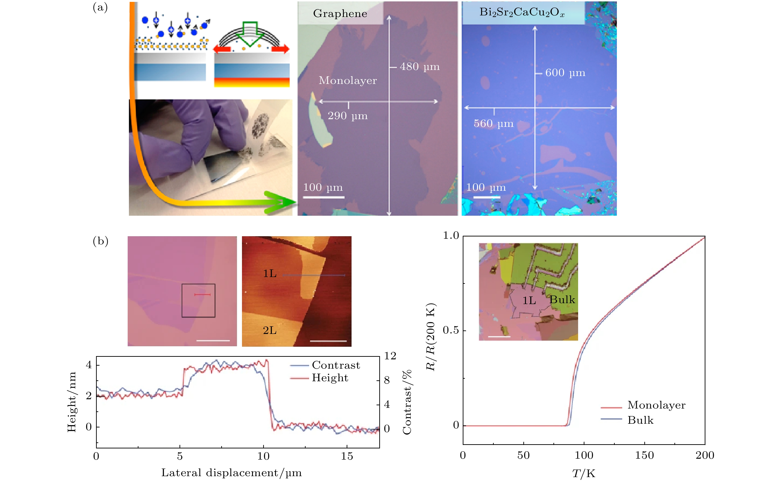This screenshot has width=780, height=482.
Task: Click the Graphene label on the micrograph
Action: click(340, 13)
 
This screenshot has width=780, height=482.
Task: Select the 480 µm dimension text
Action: click(420, 67)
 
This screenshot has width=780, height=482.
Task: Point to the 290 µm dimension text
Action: click(348, 116)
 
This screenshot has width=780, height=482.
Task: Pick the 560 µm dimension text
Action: click(494, 123)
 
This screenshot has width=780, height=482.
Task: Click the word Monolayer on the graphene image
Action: click(348, 80)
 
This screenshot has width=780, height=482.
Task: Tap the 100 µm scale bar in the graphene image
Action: click(323, 197)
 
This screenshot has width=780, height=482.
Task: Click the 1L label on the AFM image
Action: click(269, 274)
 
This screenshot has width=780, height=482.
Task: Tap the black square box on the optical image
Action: click(198, 300)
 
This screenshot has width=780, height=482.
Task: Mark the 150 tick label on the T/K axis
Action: click(644, 455)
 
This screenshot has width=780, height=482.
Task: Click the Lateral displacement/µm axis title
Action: click(231, 473)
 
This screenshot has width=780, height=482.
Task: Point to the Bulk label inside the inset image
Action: click(562, 300)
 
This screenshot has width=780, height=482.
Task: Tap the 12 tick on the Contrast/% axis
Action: click(390, 356)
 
